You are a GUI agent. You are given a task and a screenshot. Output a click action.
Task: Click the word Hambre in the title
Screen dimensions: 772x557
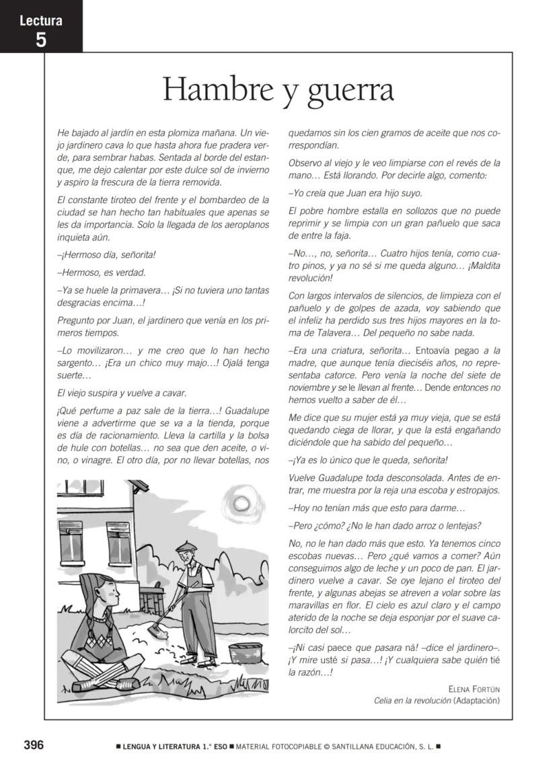click(x=214, y=90)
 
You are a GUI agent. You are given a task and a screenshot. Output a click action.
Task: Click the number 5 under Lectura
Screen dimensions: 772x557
click(x=41, y=40)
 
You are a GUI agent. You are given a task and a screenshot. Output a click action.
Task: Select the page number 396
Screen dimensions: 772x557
click(x=34, y=745)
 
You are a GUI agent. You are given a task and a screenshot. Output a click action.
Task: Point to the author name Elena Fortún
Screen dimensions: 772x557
click(x=474, y=689)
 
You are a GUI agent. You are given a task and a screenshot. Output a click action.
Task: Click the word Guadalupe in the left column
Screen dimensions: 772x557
click(x=247, y=410)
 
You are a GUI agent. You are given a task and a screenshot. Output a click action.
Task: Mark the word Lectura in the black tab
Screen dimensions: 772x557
click(x=41, y=21)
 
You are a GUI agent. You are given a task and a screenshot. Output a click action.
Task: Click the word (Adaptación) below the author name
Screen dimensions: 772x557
click(x=477, y=701)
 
